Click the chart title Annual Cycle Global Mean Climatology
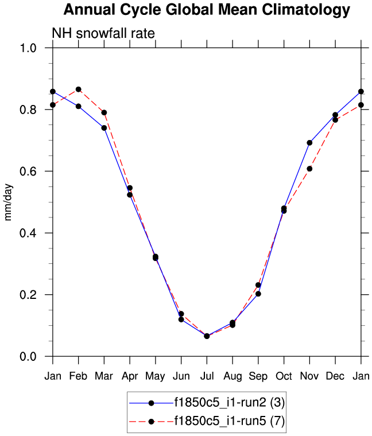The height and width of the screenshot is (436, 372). (x=207, y=10)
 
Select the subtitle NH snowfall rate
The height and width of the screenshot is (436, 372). (x=103, y=33)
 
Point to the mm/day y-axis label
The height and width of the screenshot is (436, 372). (x=9, y=202)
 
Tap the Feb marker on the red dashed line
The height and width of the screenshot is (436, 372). (x=79, y=89)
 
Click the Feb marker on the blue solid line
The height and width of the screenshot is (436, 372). (x=79, y=106)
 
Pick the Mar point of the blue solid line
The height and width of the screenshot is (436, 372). (x=104, y=128)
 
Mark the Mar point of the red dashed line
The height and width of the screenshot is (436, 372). (x=104, y=112)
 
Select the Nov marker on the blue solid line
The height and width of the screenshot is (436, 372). (x=309, y=143)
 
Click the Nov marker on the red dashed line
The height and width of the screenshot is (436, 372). (x=309, y=169)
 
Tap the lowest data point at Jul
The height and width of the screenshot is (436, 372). (x=207, y=336)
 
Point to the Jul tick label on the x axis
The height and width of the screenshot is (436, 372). (x=207, y=375)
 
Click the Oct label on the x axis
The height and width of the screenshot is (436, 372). (x=284, y=375)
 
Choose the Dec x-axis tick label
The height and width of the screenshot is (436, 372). (x=335, y=375)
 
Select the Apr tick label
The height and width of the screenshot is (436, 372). (x=130, y=375)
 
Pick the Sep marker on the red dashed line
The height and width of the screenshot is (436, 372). (x=258, y=285)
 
